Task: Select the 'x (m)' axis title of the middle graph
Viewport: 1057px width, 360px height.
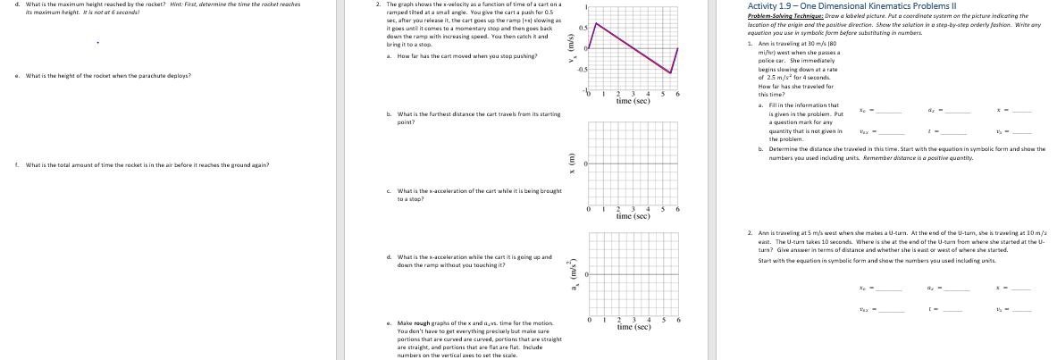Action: tap(563, 164)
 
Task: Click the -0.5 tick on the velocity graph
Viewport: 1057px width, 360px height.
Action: tap(581, 71)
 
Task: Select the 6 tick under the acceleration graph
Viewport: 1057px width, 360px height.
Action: tap(679, 320)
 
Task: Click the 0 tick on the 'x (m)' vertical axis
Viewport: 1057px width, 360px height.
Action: tap(585, 164)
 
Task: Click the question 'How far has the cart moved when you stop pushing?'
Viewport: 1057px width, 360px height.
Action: tap(435, 55)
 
